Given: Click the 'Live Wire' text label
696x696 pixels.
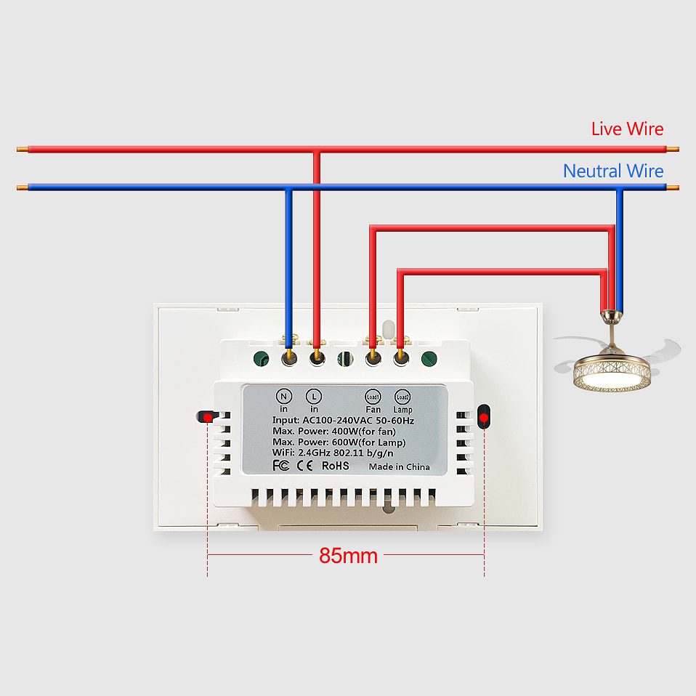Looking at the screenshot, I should click(627, 129).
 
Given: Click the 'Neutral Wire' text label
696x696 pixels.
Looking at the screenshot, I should click(613, 171).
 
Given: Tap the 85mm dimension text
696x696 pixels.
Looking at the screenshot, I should click(348, 557).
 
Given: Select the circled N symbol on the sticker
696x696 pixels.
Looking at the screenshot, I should click(284, 397).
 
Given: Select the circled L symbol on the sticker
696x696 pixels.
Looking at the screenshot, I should click(314, 397).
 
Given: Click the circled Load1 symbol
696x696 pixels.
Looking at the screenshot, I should click(373, 397).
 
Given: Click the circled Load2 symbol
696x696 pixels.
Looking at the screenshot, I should click(402, 397).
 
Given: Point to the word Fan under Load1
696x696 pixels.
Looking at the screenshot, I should click(373, 410).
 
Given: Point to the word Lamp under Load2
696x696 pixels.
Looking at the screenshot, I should click(402, 410).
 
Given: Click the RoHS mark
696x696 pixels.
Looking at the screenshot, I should click(336, 465).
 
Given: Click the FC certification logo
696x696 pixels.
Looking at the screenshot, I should click(280, 465).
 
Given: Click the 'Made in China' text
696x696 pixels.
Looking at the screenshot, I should click(399, 466).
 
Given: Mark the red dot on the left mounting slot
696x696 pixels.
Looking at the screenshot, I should click(208, 417).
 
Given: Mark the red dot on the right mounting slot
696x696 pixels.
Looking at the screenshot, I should click(484, 417).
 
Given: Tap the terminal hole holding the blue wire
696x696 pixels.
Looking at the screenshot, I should click(289, 357).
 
